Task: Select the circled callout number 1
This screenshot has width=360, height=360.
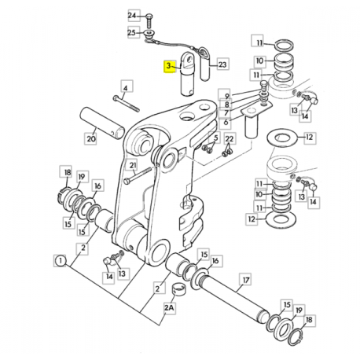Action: [61, 261]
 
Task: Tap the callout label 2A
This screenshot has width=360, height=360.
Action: [169, 307]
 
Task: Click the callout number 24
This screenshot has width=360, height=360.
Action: [132, 16]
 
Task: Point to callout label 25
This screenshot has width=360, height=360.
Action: [132, 32]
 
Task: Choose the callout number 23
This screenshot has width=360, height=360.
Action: [222, 64]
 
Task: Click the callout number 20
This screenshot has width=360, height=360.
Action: [91, 138]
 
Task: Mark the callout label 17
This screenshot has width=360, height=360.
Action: [246, 280]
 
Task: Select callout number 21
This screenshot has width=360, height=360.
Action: [133, 165]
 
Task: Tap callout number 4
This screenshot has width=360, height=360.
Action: [126, 88]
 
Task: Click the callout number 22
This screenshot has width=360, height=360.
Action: [230, 138]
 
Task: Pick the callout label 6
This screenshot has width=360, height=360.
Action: [226, 122]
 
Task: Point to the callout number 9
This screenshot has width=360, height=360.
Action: [227, 97]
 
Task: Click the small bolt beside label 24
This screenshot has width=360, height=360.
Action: [149, 21]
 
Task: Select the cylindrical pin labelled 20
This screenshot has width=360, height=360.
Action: [102, 123]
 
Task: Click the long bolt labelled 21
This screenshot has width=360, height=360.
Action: [138, 175]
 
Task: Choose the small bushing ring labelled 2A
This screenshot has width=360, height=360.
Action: [177, 289]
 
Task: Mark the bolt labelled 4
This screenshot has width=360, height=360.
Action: [126, 103]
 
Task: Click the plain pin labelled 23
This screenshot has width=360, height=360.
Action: [205, 68]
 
